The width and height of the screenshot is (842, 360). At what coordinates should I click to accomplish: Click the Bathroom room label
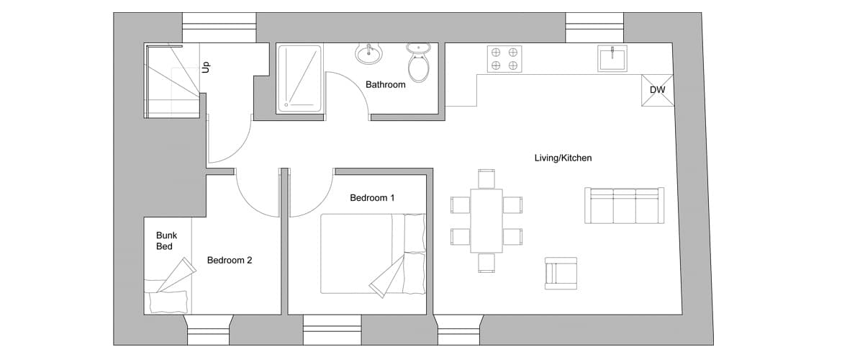point(386,84)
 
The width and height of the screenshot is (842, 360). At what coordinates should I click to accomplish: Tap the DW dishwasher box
point(657,90)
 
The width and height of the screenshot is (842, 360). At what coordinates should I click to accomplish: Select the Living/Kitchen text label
point(563,158)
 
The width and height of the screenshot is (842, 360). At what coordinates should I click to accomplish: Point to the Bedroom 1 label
point(372,198)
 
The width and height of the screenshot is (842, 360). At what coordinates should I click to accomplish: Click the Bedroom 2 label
point(230,261)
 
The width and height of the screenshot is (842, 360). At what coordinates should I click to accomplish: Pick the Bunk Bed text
point(166,240)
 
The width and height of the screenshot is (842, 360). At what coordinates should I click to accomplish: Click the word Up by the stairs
point(205,67)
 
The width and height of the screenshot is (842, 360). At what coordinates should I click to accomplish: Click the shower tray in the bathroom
point(299,79)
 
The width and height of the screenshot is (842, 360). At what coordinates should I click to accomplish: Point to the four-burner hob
point(504,58)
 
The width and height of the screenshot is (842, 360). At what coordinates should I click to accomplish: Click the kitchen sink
point(612,58)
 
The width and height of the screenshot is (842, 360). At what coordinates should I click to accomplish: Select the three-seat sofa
point(624,205)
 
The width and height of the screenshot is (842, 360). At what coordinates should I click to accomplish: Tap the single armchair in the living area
point(561,274)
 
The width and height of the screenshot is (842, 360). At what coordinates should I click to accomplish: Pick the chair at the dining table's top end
point(487,179)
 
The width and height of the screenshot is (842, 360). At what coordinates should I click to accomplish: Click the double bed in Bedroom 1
point(374,253)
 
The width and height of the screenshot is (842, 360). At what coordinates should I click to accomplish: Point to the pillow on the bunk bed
point(168,302)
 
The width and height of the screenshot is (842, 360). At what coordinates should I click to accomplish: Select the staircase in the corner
point(173,81)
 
